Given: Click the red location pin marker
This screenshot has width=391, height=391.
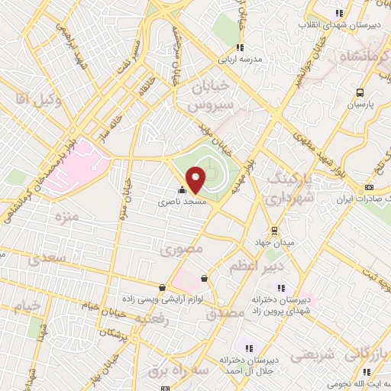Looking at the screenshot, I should (x=196, y=179).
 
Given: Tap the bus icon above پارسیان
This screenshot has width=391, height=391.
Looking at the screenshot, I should (x=360, y=92).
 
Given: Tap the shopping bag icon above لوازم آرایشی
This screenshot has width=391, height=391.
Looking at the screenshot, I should (x=162, y=287).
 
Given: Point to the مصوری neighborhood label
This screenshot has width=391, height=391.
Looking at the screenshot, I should (x=183, y=249).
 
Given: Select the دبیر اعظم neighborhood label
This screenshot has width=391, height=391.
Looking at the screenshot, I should (x=257, y=267).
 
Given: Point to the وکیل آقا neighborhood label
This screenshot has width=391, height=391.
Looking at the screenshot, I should (x=33, y=98).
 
